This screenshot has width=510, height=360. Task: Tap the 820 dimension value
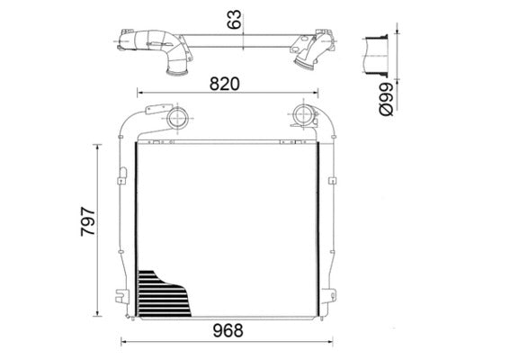point(224,84)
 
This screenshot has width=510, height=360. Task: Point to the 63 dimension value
point(237,20)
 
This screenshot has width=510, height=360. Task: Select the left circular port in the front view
point(178,117)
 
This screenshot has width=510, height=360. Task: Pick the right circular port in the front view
point(300,117)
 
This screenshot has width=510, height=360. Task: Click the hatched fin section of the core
point(162,292)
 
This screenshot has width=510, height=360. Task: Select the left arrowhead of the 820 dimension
point(137,93)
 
